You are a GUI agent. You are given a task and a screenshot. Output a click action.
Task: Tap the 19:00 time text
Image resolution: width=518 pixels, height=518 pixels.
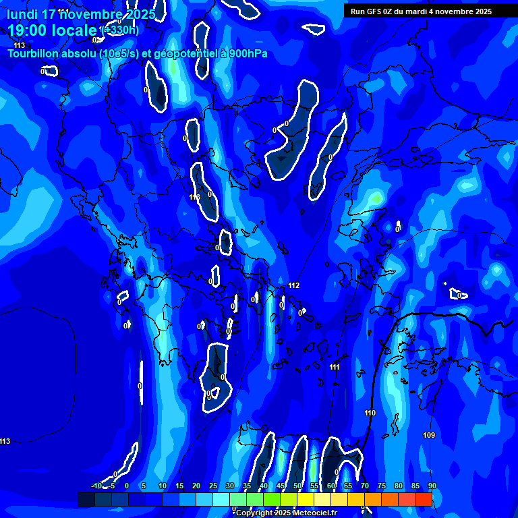pyautogui.click(x=31, y=30)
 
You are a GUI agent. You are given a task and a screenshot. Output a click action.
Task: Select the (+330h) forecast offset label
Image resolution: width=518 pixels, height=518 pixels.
pyautogui.click(x=119, y=30)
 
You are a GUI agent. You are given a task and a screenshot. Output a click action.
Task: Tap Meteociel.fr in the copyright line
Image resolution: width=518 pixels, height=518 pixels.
pyautogui.click(x=314, y=513)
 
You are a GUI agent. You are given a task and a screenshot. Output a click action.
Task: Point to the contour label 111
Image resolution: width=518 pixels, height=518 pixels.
pyautogui.click(x=335, y=367)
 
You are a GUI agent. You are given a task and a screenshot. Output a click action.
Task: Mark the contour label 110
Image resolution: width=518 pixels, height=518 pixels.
pyautogui.click(x=370, y=413)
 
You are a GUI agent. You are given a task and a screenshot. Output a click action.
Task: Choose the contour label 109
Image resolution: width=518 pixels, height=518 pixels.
pyautogui.click(x=429, y=435)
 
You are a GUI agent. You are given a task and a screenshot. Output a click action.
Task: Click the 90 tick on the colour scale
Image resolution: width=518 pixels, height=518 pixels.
pyautogui.click(x=432, y=486)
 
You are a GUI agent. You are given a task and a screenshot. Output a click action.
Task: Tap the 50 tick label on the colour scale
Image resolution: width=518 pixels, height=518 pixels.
pyautogui.click(x=297, y=486)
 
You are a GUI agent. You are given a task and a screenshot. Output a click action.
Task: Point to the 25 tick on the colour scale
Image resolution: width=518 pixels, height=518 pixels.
pyautogui.click(x=213, y=486)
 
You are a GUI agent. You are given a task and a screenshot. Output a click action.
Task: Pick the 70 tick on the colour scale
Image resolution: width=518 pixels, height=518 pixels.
pyautogui.click(x=365, y=486)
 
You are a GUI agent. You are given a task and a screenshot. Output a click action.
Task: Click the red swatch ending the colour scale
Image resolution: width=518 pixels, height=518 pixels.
pyautogui.click(x=423, y=499)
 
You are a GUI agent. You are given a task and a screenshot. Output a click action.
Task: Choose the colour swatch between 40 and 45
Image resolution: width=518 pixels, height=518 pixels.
pyautogui.click(x=272, y=499)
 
